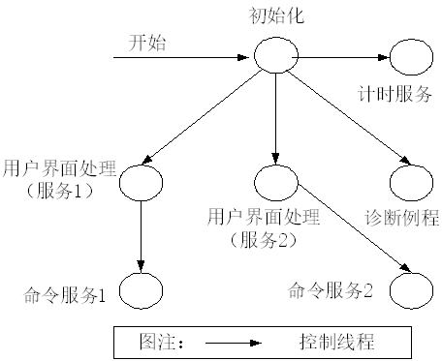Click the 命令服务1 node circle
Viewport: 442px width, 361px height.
[142, 286]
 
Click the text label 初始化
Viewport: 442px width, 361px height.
[275, 17]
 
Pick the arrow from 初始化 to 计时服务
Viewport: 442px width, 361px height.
[335, 56]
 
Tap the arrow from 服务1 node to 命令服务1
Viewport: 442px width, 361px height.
[142, 232]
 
